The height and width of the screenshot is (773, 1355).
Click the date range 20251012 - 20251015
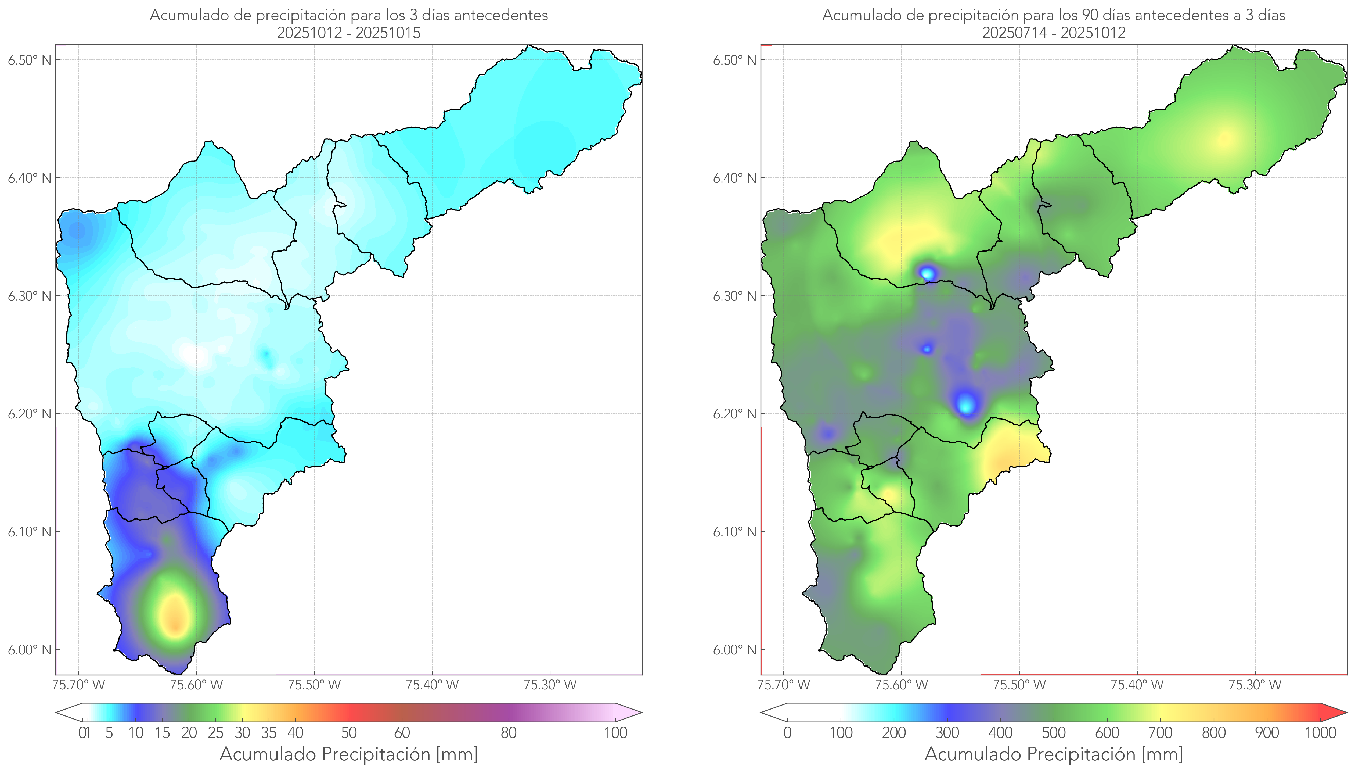tap(349, 33)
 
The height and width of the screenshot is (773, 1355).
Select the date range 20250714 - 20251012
tap(1054, 33)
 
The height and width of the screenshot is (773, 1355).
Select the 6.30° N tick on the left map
tap(30, 296)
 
